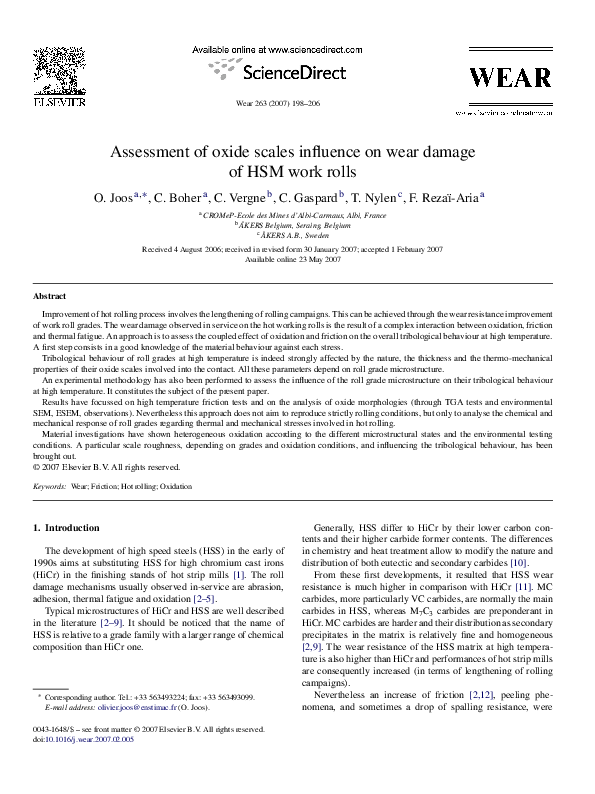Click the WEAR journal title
coord(514,78)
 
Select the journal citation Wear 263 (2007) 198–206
coord(278,103)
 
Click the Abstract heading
coord(50,297)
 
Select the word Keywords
coord(49,485)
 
